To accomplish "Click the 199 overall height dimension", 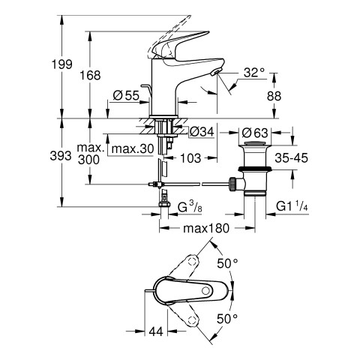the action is pyautogui.click(x=62, y=64).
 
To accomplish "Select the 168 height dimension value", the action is pyautogui.click(x=90, y=75).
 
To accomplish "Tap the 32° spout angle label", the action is pyautogui.click(x=254, y=73).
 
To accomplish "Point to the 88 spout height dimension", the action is pyautogui.click(x=274, y=96).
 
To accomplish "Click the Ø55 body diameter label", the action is pyautogui.click(x=126, y=95).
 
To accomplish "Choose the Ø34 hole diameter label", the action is pyautogui.click(x=202, y=132).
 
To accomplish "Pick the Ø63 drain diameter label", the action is pyautogui.click(x=255, y=133).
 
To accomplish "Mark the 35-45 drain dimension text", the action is pyautogui.click(x=291, y=157).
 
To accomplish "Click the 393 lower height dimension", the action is pyautogui.click(x=61, y=156).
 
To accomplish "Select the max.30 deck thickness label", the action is pyautogui.click(x=133, y=149).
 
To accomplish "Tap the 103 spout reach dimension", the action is pyautogui.click(x=190, y=158).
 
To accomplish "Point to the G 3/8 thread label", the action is pyautogui.click(x=190, y=207).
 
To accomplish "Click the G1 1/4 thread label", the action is pyautogui.click(x=292, y=207).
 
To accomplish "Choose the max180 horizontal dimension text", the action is pyautogui.click(x=206, y=228).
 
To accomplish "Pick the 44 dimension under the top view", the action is pyautogui.click(x=156, y=331).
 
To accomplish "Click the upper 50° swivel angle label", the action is pyautogui.click(x=227, y=263).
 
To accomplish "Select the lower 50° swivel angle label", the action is pyautogui.click(x=227, y=319).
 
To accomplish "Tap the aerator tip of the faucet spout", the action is pyautogui.click(x=216, y=72).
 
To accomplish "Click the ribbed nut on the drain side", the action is pyautogui.click(x=232, y=184).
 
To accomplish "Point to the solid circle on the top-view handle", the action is pyautogui.click(x=206, y=291).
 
